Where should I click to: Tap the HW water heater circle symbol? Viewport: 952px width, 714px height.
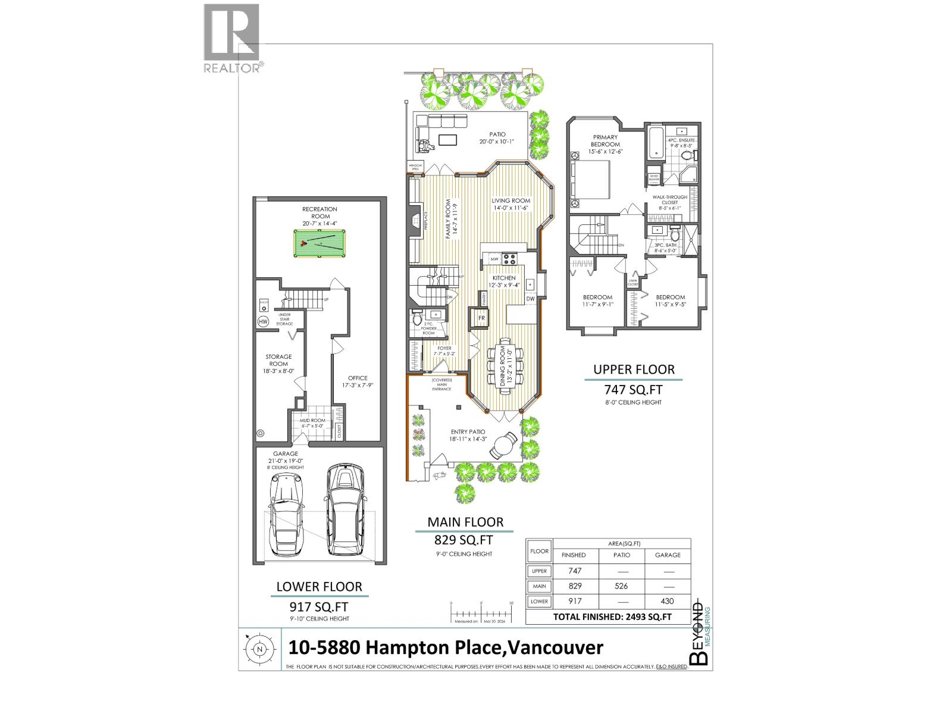click(262, 322)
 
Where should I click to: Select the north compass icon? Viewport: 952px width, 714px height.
click(259, 649)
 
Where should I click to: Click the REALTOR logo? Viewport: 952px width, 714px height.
click(231, 38)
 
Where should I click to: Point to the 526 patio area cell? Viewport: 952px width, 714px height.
click(621, 586)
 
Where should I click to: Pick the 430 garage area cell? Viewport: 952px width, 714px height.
click(668, 602)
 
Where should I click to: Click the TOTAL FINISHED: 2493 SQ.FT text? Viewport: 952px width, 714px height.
click(612, 617)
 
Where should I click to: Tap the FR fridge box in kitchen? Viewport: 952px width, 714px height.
click(481, 318)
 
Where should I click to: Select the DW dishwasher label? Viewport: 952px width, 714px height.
click(531, 299)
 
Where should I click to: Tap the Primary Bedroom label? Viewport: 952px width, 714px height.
click(605, 141)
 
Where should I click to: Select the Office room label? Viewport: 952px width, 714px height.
click(358, 378)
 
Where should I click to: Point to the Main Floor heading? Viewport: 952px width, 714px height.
click(465, 522)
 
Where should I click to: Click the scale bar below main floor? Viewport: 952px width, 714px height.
click(481, 613)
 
